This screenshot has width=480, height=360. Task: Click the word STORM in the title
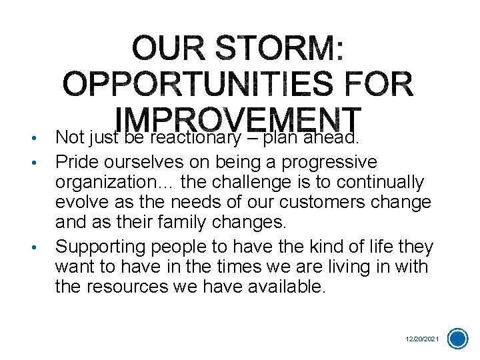click(287, 49)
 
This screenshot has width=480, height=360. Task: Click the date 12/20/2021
click(423, 339)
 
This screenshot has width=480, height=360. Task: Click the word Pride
click(76, 162)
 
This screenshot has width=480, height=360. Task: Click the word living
click(346, 267)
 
